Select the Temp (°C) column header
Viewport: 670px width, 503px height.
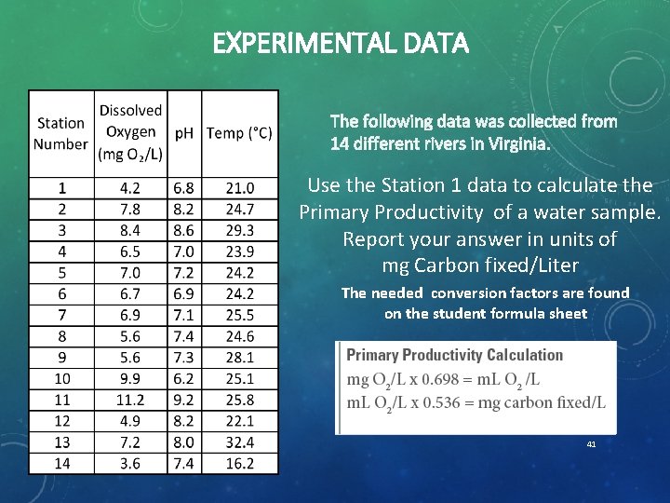pyautogui.click(x=239, y=133)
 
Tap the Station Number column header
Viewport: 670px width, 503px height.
pyautogui.click(x=60, y=133)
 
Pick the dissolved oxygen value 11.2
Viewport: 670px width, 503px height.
pyautogui.click(x=130, y=400)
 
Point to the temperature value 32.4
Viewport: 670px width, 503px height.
pyautogui.click(x=239, y=442)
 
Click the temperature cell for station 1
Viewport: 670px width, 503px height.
pyautogui.click(x=239, y=188)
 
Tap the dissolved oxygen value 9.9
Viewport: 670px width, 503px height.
pyautogui.click(x=130, y=379)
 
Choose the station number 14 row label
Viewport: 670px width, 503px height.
pyautogui.click(x=61, y=463)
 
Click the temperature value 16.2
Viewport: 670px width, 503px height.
pyautogui.click(x=239, y=463)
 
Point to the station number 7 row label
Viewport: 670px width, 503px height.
pyautogui.click(x=61, y=315)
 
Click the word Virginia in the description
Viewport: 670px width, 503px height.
pyautogui.click(x=517, y=144)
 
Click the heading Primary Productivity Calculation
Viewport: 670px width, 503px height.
pyautogui.click(x=454, y=355)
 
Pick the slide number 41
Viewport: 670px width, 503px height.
pyautogui.click(x=591, y=444)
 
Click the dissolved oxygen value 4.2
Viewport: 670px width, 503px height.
pyautogui.click(x=130, y=188)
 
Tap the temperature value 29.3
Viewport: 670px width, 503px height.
pyautogui.click(x=239, y=230)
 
